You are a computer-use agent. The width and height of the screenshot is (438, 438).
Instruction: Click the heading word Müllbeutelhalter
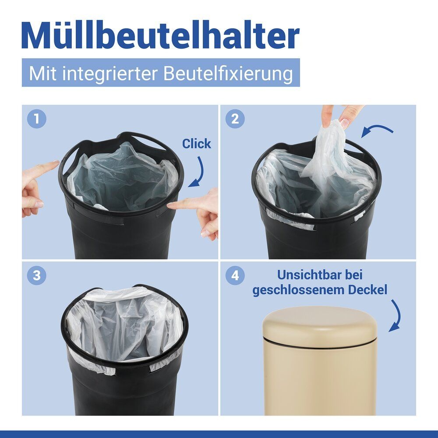point(161,36)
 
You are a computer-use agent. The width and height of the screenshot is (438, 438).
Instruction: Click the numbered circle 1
point(37,119)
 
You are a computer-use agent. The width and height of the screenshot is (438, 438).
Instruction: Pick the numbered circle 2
point(235,119)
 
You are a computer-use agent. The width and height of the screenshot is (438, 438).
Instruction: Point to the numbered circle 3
point(37,276)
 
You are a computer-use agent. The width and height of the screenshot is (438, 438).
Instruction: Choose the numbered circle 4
point(235,276)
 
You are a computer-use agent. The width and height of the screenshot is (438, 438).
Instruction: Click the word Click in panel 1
point(196,144)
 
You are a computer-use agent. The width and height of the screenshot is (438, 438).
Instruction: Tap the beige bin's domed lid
point(320,324)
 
